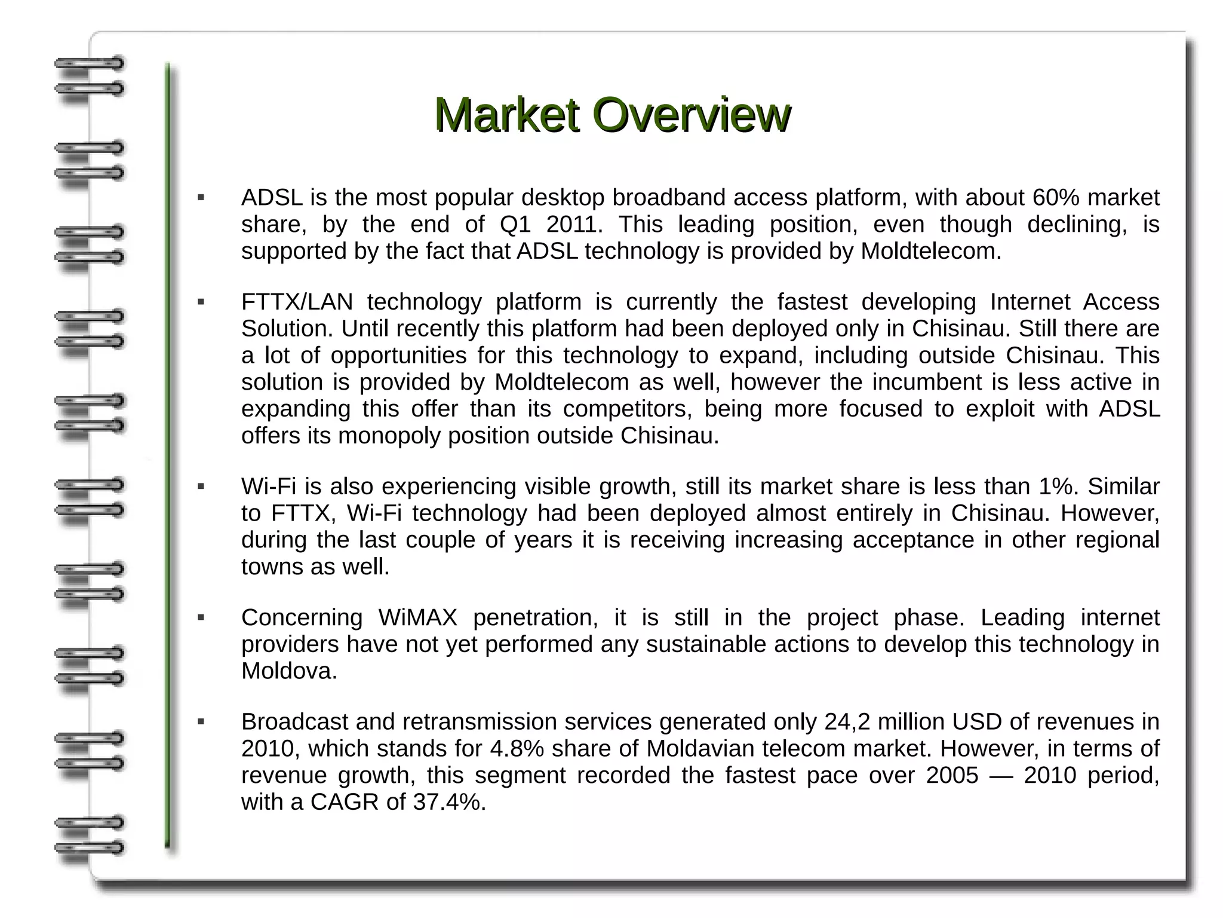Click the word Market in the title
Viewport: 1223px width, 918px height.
(507, 114)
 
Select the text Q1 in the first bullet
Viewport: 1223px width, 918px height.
(515, 225)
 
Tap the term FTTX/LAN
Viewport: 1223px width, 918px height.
(297, 302)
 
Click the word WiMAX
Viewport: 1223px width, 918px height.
(417, 618)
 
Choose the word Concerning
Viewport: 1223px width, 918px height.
(302, 618)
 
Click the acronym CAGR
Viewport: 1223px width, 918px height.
(345, 803)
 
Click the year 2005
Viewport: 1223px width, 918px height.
(952, 776)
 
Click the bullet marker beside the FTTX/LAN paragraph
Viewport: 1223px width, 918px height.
(201, 302)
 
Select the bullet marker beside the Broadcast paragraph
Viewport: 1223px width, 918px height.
(201, 723)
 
